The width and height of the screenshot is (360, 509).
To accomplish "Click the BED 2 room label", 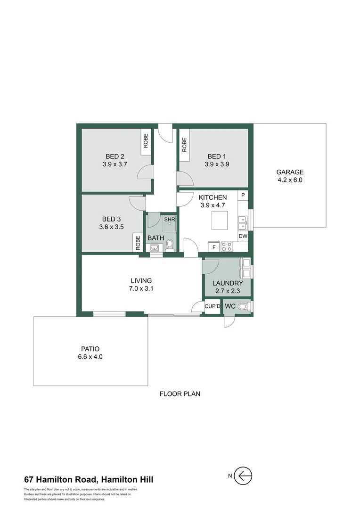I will pos(115,156).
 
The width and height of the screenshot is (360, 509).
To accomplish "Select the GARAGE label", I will pos(290,172).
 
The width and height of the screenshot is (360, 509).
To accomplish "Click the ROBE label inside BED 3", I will pos(138,242).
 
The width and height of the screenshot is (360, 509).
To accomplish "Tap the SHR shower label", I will pos(169,220).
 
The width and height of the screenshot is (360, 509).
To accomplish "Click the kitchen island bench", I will pos(219,220).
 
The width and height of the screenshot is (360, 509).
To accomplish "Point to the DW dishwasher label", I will pos(243,236).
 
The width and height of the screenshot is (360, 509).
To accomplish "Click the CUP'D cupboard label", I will pos(213,306).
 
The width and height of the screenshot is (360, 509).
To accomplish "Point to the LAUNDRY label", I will pos(228,283).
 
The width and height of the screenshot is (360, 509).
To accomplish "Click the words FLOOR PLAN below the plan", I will pos(180,394).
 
